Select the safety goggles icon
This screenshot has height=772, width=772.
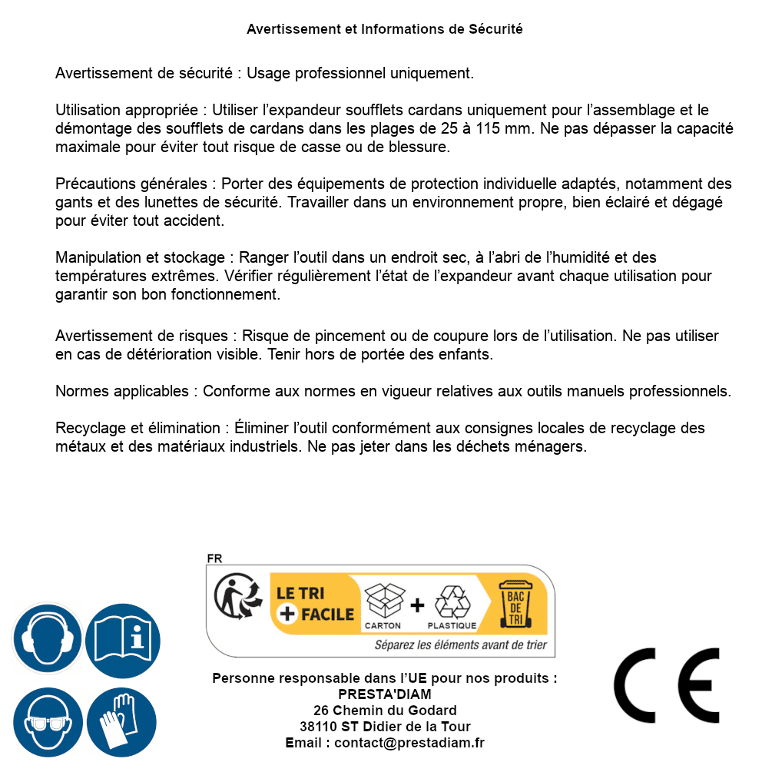(x=48, y=722)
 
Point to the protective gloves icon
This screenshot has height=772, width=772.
(x=123, y=722)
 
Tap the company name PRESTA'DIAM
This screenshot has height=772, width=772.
(x=385, y=694)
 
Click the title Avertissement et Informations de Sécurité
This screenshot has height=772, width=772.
(x=385, y=29)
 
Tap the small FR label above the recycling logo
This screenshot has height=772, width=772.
(x=214, y=558)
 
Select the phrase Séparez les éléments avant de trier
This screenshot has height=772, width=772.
(x=460, y=644)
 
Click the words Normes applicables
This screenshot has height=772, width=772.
(x=121, y=391)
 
